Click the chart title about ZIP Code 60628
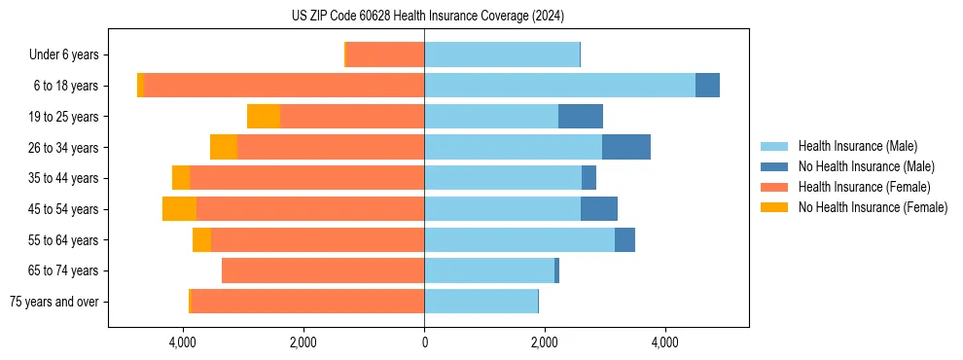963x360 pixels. click(428, 16)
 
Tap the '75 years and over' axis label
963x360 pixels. click(54, 302)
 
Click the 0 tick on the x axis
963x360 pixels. click(424, 342)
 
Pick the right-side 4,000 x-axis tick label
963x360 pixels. click(664, 342)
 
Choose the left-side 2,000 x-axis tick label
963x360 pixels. click(303, 342)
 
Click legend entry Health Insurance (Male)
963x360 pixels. click(857, 146)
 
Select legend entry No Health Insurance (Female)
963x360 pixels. click(873, 207)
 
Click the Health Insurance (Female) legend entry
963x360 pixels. click(864, 187)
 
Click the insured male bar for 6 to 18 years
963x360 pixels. click(559, 86)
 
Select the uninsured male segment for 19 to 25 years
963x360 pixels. click(581, 117)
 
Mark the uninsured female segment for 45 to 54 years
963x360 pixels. click(179, 209)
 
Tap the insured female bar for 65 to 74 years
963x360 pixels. click(323, 270)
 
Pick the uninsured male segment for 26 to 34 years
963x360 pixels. click(626, 147)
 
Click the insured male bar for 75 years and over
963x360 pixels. click(481, 302)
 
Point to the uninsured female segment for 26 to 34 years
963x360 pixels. click(224, 147)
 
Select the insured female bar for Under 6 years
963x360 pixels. click(385, 54)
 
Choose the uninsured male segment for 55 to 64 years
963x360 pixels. click(624, 239)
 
